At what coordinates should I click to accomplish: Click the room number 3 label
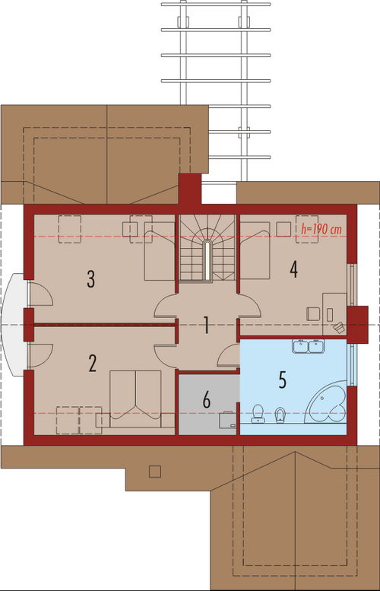tap(90, 278)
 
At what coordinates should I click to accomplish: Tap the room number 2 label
tap(92, 363)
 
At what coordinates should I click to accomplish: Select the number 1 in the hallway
tap(206, 326)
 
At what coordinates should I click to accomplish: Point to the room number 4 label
tap(294, 269)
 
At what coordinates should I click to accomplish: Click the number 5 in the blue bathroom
tap(283, 380)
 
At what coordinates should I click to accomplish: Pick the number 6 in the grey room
tap(207, 400)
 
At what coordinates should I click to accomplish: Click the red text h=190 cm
tap(321, 229)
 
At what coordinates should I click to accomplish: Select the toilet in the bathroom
tap(258, 414)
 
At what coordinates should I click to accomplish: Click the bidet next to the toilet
tap(280, 415)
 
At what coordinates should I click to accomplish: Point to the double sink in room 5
tap(309, 346)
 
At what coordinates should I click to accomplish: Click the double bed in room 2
tap(135, 399)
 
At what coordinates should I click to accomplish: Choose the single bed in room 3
tap(160, 251)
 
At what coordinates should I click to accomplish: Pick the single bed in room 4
tap(255, 251)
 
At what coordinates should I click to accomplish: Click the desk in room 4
tap(334, 314)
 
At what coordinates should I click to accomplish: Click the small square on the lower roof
tap(155, 472)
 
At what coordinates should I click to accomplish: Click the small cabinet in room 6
tap(228, 420)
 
